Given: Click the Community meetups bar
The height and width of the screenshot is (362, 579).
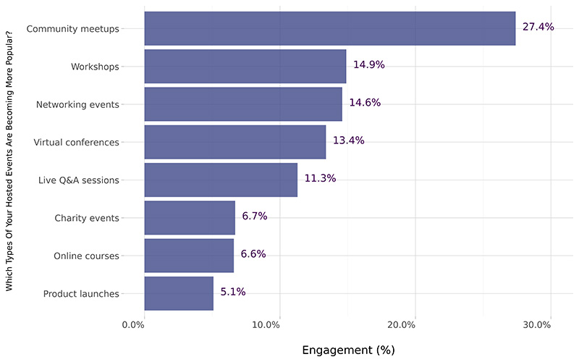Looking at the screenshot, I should (x=329, y=28).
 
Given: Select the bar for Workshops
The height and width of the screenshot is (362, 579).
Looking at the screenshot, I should (x=245, y=66).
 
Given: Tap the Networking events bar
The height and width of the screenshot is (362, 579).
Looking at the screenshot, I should (x=243, y=104).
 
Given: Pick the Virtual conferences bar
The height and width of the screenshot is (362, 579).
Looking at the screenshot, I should (x=234, y=142).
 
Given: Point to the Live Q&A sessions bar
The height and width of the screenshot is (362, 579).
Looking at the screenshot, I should (x=221, y=180).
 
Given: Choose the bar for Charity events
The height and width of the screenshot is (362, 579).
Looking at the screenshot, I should (x=190, y=218).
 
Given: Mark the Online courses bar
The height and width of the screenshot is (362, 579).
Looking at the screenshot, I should (x=189, y=256).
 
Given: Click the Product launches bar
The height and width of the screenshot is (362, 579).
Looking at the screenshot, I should (x=179, y=293).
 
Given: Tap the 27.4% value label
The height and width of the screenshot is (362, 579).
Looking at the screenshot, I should (x=538, y=28).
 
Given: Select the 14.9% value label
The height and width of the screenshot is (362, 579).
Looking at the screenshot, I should (x=368, y=65).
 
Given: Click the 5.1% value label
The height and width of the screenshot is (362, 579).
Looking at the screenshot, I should (x=233, y=292).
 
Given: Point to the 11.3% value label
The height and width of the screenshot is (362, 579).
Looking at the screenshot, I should (x=320, y=179).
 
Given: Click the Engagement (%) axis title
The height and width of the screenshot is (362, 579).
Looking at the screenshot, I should (x=347, y=350).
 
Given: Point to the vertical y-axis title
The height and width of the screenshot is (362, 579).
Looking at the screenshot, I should (x=10, y=161).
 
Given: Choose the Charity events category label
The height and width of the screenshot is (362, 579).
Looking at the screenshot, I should (x=87, y=218).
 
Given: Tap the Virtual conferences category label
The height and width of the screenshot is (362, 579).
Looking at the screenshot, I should (x=76, y=142).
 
